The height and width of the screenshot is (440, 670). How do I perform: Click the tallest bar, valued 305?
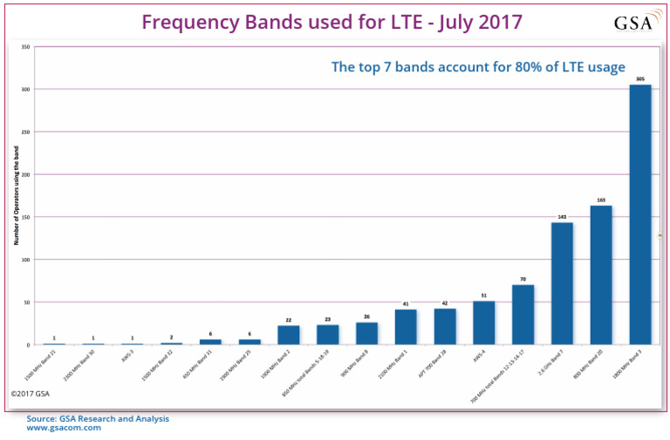pyautogui.click(x=639, y=214)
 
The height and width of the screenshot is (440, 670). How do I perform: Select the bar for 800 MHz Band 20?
pyautogui.click(x=600, y=275)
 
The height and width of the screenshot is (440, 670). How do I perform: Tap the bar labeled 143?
pyautogui.click(x=562, y=283)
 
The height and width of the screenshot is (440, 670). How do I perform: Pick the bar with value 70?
pyautogui.click(x=523, y=315)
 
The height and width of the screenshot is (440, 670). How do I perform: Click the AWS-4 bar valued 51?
pyautogui.click(x=483, y=323)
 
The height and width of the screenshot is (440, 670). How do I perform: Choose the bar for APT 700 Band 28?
pyautogui.click(x=445, y=327)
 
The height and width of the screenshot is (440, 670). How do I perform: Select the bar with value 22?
pyautogui.click(x=289, y=335)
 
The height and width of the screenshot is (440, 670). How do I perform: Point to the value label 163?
pyautogui.click(x=600, y=200)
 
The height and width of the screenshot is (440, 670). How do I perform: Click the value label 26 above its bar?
pyautogui.click(x=366, y=316)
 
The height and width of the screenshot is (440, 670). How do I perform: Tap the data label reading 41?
pyautogui.click(x=406, y=304)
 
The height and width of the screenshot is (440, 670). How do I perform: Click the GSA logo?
pyautogui.click(x=633, y=23)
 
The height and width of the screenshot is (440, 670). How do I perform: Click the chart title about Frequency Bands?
pyautogui.click(x=332, y=22)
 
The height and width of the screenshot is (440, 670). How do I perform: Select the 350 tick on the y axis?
pyautogui.click(x=26, y=46)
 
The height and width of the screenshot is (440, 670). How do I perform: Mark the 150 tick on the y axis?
pyautogui.click(x=26, y=217)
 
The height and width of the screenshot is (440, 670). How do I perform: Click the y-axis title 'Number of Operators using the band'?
pyautogui.click(x=15, y=196)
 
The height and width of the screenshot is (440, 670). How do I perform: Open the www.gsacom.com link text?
pyautogui.click(x=64, y=428)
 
